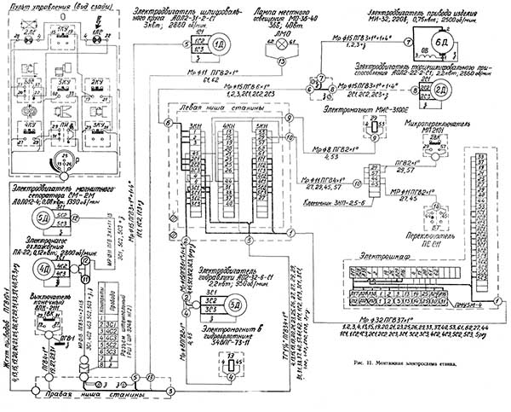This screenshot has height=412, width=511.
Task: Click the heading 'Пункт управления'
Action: (x=55, y=6)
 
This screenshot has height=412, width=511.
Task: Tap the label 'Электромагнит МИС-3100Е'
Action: (x=371, y=110)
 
